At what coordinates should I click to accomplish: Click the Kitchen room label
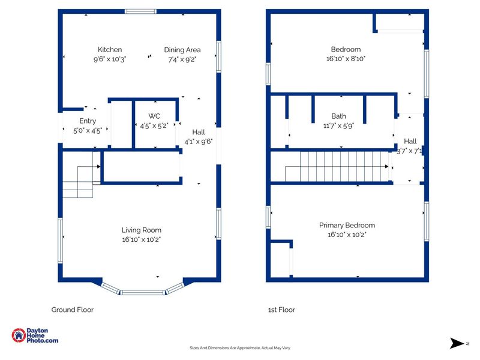pos(110,50)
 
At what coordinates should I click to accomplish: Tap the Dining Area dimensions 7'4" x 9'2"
pos(182,59)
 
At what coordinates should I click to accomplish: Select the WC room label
pos(154,116)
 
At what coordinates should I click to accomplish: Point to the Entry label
pos(88,121)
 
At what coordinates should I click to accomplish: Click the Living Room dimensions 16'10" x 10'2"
pos(142,239)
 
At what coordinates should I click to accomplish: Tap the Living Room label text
pos(142,230)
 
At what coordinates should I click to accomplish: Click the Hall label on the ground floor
pos(199,132)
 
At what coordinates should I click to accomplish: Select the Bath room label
pos(338,116)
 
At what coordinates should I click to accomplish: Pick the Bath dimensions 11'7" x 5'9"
pos(338,125)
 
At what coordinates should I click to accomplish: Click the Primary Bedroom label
pos(347,226)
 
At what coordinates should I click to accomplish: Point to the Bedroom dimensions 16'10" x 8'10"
pos(346,58)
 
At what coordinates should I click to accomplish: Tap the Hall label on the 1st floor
pos(410,141)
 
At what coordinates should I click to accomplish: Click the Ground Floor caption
pos(72,310)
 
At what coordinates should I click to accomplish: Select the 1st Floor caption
pos(281,310)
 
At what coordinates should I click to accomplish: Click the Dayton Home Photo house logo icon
pos(19,335)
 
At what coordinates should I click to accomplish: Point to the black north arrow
pos(457,343)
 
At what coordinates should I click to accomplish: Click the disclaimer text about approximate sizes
pos(239,348)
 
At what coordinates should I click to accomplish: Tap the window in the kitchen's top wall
pos(141,11)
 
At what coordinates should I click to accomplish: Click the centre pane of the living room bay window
pos(143,292)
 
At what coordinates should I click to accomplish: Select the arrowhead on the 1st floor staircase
pos(386,167)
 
